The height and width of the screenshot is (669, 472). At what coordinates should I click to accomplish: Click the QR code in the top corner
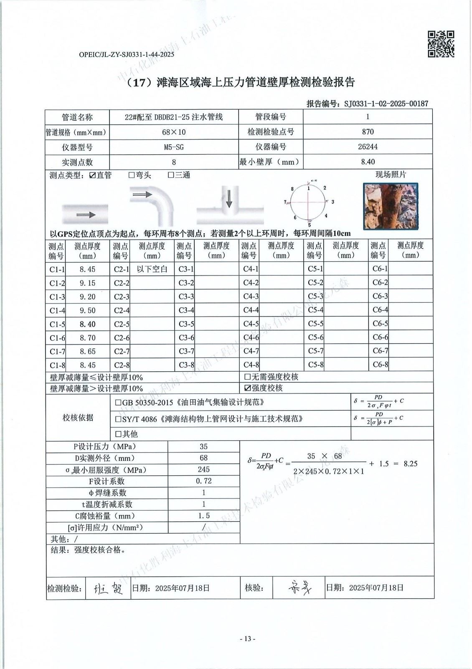tap(441, 43)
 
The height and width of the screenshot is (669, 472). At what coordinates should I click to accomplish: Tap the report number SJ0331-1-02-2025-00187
tap(386, 103)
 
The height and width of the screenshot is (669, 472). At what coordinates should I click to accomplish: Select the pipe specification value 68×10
tap(174, 132)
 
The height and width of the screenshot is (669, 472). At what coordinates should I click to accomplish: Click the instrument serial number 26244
tap(368, 147)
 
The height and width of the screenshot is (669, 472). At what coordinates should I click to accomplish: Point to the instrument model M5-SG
tap(174, 147)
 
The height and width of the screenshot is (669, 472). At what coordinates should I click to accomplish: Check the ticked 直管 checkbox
tap(92, 175)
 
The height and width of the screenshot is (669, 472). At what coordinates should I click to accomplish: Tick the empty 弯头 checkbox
tap(132, 175)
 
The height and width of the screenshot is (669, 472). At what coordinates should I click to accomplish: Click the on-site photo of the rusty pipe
tap(391, 207)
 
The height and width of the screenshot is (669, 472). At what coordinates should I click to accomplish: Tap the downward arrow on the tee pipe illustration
tap(228, 200)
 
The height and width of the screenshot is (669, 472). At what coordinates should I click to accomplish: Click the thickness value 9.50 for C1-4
tap(88, 310)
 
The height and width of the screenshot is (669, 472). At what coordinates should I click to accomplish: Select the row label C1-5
tap(57, 324)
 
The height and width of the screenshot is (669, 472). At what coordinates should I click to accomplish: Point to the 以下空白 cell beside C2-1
tap(152, 269)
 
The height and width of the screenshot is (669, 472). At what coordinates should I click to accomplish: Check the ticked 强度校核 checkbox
tap(248, 388)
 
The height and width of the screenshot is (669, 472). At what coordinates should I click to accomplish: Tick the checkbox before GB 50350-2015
tap(118, 403)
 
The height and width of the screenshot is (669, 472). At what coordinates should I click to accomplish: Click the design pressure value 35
tap(203, 447)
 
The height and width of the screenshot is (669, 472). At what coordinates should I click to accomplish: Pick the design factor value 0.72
tap(203, 481)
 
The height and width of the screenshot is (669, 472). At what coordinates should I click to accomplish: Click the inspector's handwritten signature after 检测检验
tap(107, 588)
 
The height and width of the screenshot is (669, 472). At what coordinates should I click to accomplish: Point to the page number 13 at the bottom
tap(247, 638)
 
